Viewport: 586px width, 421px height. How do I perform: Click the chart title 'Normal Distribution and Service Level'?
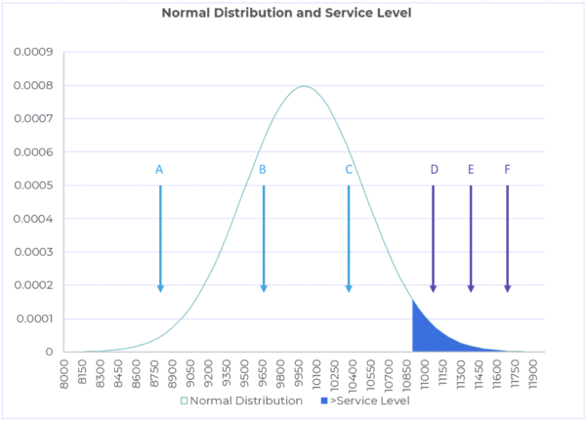pos(292,14)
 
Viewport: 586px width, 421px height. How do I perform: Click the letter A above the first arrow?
pos(159,169)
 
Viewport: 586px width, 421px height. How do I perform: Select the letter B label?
pos(263,169)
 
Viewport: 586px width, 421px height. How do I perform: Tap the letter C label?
pos(349,169)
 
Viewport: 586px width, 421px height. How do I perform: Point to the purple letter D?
pos(434,169)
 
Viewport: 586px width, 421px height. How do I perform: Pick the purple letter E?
pos(471,169)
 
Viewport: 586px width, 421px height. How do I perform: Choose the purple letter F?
pos(507,169)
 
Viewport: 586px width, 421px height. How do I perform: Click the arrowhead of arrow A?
pos(160,287)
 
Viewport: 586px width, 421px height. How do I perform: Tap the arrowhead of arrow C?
pos(349,287)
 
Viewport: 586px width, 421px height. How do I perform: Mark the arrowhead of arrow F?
pos(507,287)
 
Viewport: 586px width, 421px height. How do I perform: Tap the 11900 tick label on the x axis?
pos(532,375)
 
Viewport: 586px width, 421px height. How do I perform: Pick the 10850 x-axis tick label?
pos(407,375)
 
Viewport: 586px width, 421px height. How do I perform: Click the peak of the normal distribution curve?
pos(304,86)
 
